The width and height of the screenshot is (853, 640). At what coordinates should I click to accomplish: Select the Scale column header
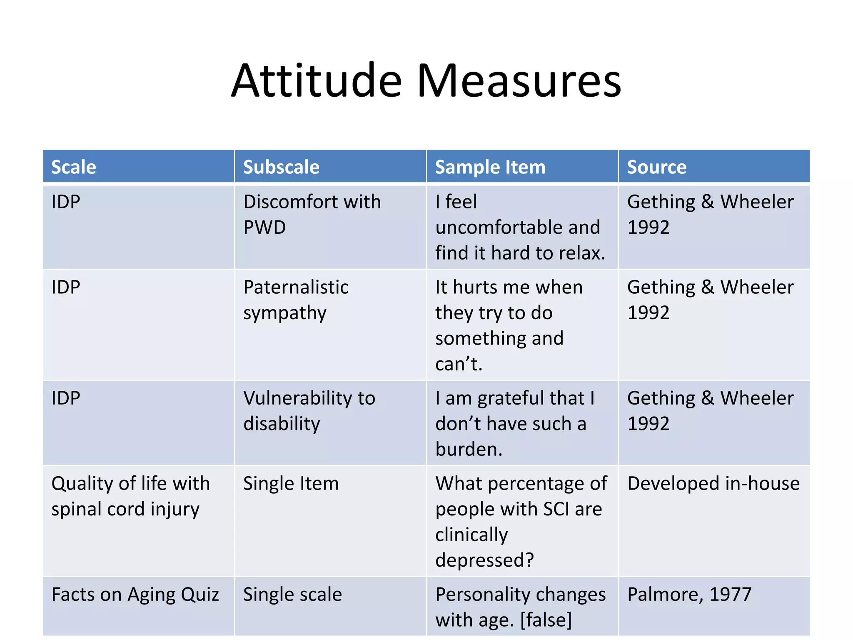tap(74, 167)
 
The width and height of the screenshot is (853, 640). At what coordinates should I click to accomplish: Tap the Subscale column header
tap(281, 167)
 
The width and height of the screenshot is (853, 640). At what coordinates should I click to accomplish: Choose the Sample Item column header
tap(490, 167)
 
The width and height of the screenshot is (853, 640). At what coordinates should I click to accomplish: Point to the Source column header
tap(656, 167)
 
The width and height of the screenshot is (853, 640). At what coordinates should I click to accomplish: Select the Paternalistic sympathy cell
tap(296, 300)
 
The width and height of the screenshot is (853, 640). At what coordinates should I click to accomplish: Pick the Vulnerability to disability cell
tap(309, 410)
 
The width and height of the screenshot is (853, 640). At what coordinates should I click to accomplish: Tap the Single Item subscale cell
tap(291, 484)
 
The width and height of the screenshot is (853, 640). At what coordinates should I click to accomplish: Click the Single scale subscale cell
tap(292, 595)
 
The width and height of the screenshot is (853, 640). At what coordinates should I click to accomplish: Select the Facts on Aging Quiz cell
tap(135, 595)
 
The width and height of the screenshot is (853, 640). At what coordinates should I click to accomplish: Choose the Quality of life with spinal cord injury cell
tap(130, 496)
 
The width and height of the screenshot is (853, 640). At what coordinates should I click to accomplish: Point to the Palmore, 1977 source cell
tap(689, 595)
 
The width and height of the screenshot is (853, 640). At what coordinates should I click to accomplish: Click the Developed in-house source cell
tap(713, 484)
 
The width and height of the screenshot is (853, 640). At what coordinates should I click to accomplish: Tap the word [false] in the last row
tap(546, 620)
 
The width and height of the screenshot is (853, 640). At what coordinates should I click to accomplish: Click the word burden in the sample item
tap(469, 449)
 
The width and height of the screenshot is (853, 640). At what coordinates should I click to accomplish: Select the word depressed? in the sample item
tap(484, 560)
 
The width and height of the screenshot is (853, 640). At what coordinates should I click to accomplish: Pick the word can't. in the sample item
tap(459, 364)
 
